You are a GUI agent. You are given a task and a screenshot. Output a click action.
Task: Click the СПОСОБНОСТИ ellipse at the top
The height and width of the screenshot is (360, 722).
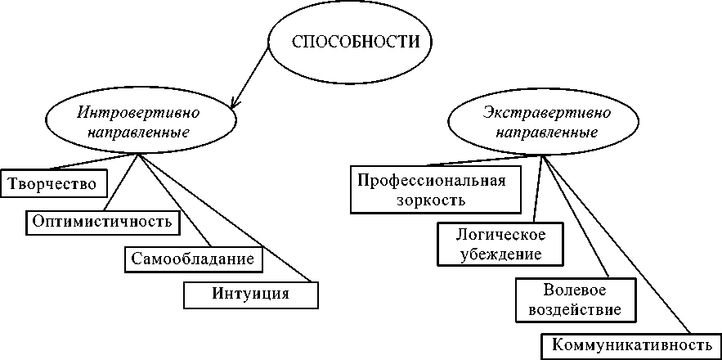[x=351, y=43]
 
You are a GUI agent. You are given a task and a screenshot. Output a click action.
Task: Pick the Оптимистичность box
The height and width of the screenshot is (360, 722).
[x=101, y=221]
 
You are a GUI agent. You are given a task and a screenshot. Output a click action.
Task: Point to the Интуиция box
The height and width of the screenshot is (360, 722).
[x=250, y=294]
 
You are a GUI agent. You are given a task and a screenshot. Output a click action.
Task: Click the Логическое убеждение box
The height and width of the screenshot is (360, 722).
[x=500, y=244]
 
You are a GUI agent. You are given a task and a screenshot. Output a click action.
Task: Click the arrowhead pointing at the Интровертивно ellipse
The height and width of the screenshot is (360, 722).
[x=235, y=103]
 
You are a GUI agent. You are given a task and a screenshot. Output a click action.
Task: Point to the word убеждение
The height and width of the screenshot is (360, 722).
[x=500, y=254]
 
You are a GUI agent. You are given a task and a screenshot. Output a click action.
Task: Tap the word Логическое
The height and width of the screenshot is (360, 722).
[x=500, y=235]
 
